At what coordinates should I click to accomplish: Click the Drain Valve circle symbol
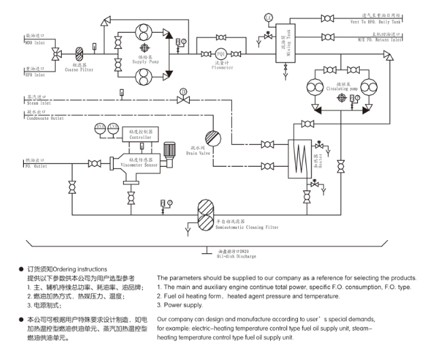212,137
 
